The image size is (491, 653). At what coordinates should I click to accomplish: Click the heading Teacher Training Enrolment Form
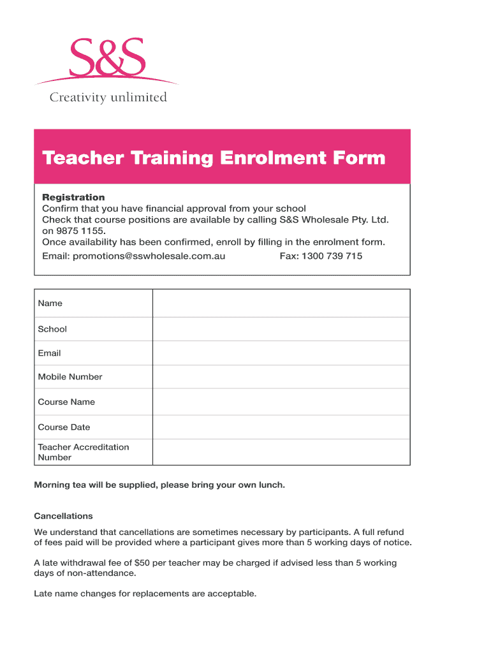214,158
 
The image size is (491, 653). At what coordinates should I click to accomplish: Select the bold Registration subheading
73,197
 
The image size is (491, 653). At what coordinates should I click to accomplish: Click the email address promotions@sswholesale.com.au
149,256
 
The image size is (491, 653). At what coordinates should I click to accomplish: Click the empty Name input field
281,303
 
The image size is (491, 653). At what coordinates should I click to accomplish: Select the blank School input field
281,329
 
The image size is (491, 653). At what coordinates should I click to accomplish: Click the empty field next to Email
281,353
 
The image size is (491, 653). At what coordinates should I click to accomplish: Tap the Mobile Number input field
281,377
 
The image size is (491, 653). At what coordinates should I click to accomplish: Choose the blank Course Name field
281,402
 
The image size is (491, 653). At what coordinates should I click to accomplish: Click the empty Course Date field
281,427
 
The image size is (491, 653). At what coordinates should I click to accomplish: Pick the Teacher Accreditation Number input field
281,452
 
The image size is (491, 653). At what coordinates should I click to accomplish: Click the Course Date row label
64,427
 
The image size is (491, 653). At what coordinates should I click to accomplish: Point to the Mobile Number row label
70,377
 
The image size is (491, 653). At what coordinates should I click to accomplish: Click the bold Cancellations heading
63,516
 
